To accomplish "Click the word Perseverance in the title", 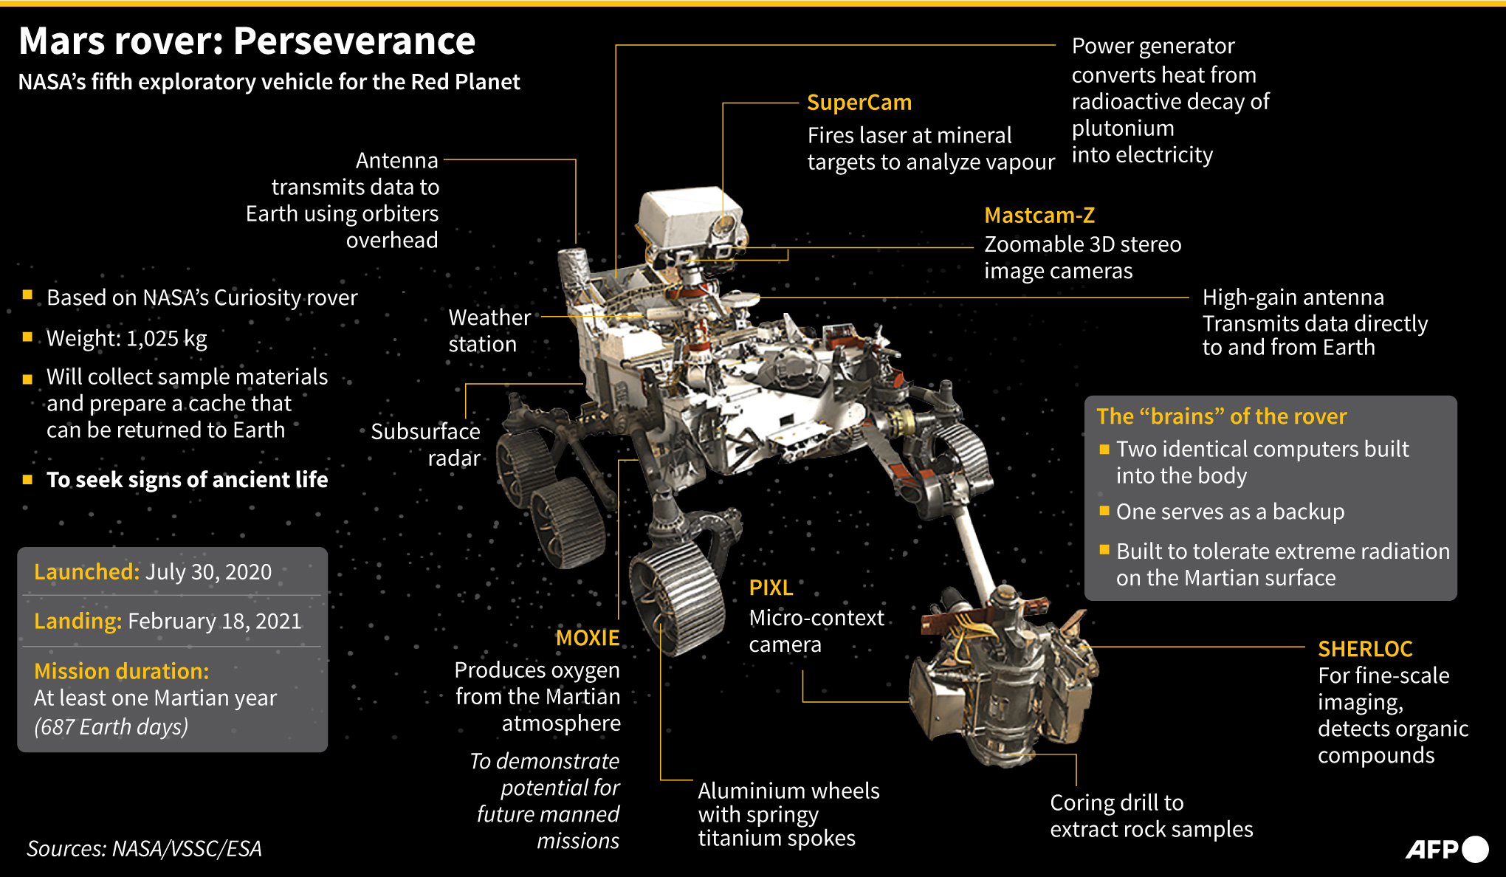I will tap(354, 41).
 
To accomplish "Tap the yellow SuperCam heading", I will tap(859, 103).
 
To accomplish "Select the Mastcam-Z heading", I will tap(1039, 216).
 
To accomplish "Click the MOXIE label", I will tap(587, 638).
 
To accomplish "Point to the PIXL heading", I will tap(771, 588).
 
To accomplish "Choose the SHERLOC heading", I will tap(1365, 649).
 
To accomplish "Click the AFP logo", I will tap(1445, 849).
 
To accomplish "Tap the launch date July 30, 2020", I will tap(208, 572).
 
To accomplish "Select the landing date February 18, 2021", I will tap(214, 622).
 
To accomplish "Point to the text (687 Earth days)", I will tap(111, 727).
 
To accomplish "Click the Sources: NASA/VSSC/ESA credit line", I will tap(144, 849).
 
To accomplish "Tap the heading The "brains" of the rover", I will tap(1221, 416).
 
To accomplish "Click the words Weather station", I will tap(488, 331).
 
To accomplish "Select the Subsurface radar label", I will tap(426, 444).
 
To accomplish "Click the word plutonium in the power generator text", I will tap(1122, 128).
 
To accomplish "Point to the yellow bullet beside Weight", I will tap(27, 337).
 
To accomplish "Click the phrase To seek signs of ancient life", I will tap(187, 480).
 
